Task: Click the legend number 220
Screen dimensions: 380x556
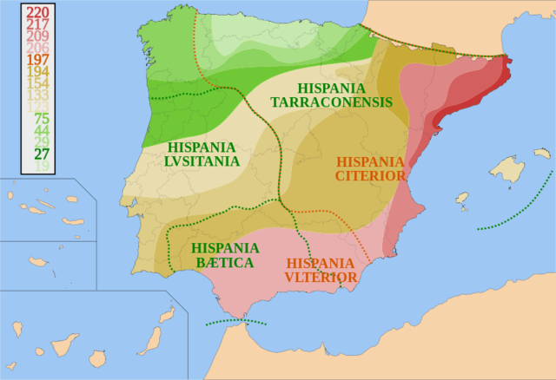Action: coord(37,12)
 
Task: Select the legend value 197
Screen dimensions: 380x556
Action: coord(37,60)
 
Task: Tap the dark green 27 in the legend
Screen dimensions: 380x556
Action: coord(41,154)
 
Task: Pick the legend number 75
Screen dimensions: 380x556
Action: coord(41,119)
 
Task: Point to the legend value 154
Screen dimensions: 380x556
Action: coord(37,83)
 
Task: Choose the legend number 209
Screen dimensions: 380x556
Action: coord(37,36)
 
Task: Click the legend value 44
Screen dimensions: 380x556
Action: coord(41,131)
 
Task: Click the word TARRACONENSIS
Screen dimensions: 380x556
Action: coord(331,102)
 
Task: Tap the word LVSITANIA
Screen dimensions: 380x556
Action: coord(203,161)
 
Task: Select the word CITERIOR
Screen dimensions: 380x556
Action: coord(370,176)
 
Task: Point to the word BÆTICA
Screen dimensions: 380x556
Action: coord(222,263)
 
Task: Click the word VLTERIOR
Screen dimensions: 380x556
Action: coord(320,278)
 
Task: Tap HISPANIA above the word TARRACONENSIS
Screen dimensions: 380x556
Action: coord(332,88)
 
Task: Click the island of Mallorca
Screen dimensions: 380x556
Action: coord(506,168)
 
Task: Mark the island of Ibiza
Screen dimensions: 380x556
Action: coord(461,198)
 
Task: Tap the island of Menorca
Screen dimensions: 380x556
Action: coord(542,154)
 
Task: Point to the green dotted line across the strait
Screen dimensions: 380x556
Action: coord(235,324)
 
